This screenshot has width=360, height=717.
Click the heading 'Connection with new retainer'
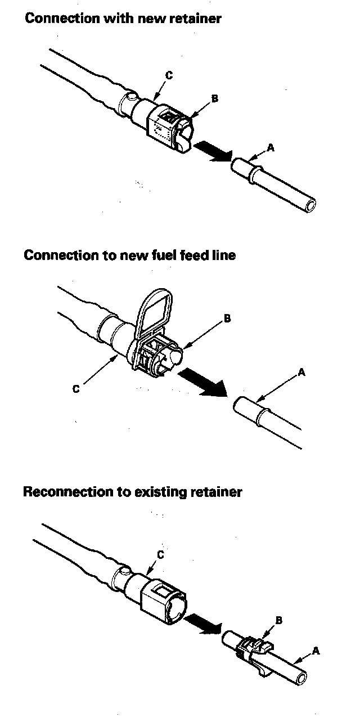tap(123, 18)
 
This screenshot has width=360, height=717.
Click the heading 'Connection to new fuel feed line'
tap(129, 255)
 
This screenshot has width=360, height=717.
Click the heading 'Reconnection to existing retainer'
tap(132, 492)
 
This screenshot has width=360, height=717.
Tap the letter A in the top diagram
tap(271, 147)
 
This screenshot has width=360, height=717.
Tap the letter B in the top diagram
tap(214, 98)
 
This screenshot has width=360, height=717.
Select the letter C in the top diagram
tap(169, 74)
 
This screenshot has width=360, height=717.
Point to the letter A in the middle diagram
tap(302, 372)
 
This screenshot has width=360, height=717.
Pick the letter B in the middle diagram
tap(227, 319)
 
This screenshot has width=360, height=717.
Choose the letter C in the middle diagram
tap(76, 388)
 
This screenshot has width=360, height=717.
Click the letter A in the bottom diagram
tap(316, 651)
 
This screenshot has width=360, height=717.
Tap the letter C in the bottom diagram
tap(160, 555)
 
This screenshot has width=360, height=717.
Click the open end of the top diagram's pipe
tap(308, 203)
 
